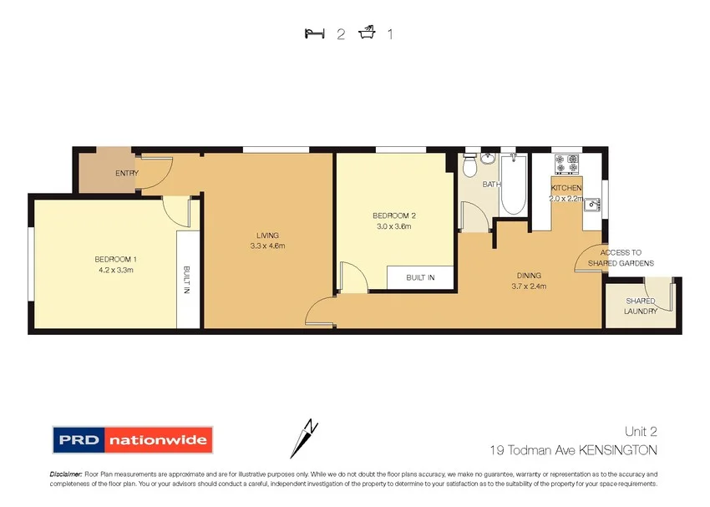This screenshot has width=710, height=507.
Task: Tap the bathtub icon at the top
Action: [x=366, y=33]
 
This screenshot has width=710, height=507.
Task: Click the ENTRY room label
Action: [x=127, y=174]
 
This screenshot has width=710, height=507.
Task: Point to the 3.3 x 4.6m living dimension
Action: [x=267, y=246]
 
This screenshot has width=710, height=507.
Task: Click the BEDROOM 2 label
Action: [x=393, y=215]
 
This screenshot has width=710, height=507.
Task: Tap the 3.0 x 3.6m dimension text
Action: [x=393, y=226]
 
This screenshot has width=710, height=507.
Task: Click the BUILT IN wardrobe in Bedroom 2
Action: [x=420, y=277]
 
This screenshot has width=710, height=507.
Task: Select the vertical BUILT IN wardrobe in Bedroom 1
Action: [x=188, y=280]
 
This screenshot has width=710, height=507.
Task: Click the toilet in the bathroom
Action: [x=469, y=165]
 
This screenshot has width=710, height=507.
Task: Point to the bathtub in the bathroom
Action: [x=512, y=185]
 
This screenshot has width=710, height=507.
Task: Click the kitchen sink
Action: [x=592, y=203]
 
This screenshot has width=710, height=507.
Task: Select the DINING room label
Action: [x=528, y=276]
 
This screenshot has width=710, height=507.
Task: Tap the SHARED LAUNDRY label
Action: [x=641, y=307]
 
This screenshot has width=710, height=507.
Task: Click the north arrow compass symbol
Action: [x=304, y=437]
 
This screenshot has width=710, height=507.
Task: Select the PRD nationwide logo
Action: [x=133, y=439]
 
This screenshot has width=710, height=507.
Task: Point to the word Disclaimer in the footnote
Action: [x=65, y=474]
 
